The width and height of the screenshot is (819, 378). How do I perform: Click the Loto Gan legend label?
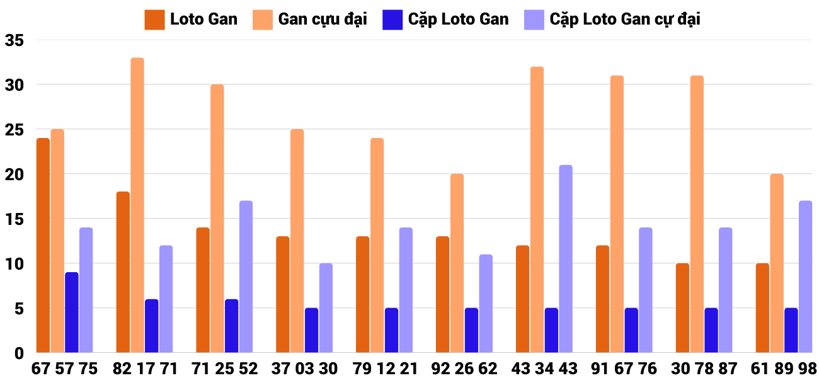pyautogui.click(x=203, y=19)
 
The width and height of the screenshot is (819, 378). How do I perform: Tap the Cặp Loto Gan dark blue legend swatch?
pyautogui.click(x=392, y=20)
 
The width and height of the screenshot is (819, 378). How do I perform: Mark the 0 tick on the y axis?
pyautogui.click(x=19, y=353)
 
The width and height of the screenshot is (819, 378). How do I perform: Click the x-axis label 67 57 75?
pyautogui.click(x=65, y=369)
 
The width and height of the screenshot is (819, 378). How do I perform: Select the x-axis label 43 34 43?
pyautogui.click(x=544, y=369)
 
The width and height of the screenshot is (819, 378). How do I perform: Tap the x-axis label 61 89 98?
pyautogui.click(x=784, y=369)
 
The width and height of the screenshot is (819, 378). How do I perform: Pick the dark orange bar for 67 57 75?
pyautogui.click(x=43, y=246)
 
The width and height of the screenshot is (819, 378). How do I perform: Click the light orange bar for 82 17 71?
pyautogui.click(x=137, y=205)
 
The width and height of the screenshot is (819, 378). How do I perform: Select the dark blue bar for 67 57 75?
pyautogui.click(x=72, y=312)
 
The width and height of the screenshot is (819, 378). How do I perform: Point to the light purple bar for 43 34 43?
pyautogui.click(x=566, y=259)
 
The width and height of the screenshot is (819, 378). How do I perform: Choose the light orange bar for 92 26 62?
pyautogui.click(x=457, y=263)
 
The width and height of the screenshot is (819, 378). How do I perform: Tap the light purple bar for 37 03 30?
pyautogui.click(x=326, y=308)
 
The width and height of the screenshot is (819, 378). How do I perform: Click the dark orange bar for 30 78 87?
pyautogui.click(x=682, y=308)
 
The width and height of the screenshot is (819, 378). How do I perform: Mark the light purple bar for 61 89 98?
pyautogui.click(x=805, y=277)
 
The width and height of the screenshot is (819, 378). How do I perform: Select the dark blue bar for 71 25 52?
pyautogui.click(x=232, y=326)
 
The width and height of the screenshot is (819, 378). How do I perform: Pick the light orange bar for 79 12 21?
pyautogui.click(x=377, y=246)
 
